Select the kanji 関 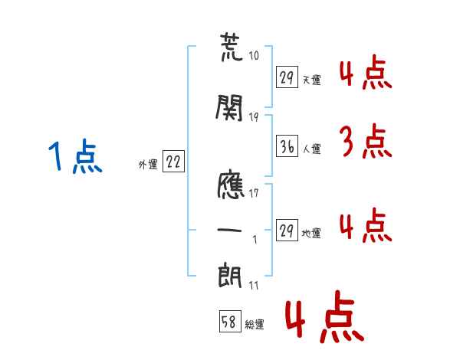230,110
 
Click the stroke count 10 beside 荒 254,56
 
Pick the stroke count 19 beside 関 254,116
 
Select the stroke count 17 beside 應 254,193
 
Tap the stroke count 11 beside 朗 254,285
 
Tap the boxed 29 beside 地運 287,231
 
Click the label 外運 147,164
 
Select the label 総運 255,325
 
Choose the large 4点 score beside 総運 323,319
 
